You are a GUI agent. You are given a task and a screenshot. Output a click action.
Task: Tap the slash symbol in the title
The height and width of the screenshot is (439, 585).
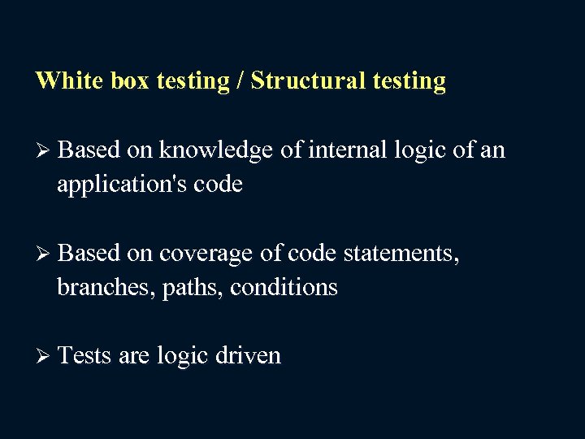click(240, 81)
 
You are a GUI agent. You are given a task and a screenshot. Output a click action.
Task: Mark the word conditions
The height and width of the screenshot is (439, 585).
click(284, 288)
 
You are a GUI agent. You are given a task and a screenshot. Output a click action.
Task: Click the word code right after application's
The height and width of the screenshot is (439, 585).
click(218, 185)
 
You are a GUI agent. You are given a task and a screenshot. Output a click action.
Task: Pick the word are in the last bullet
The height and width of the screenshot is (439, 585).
click(134, 356)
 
